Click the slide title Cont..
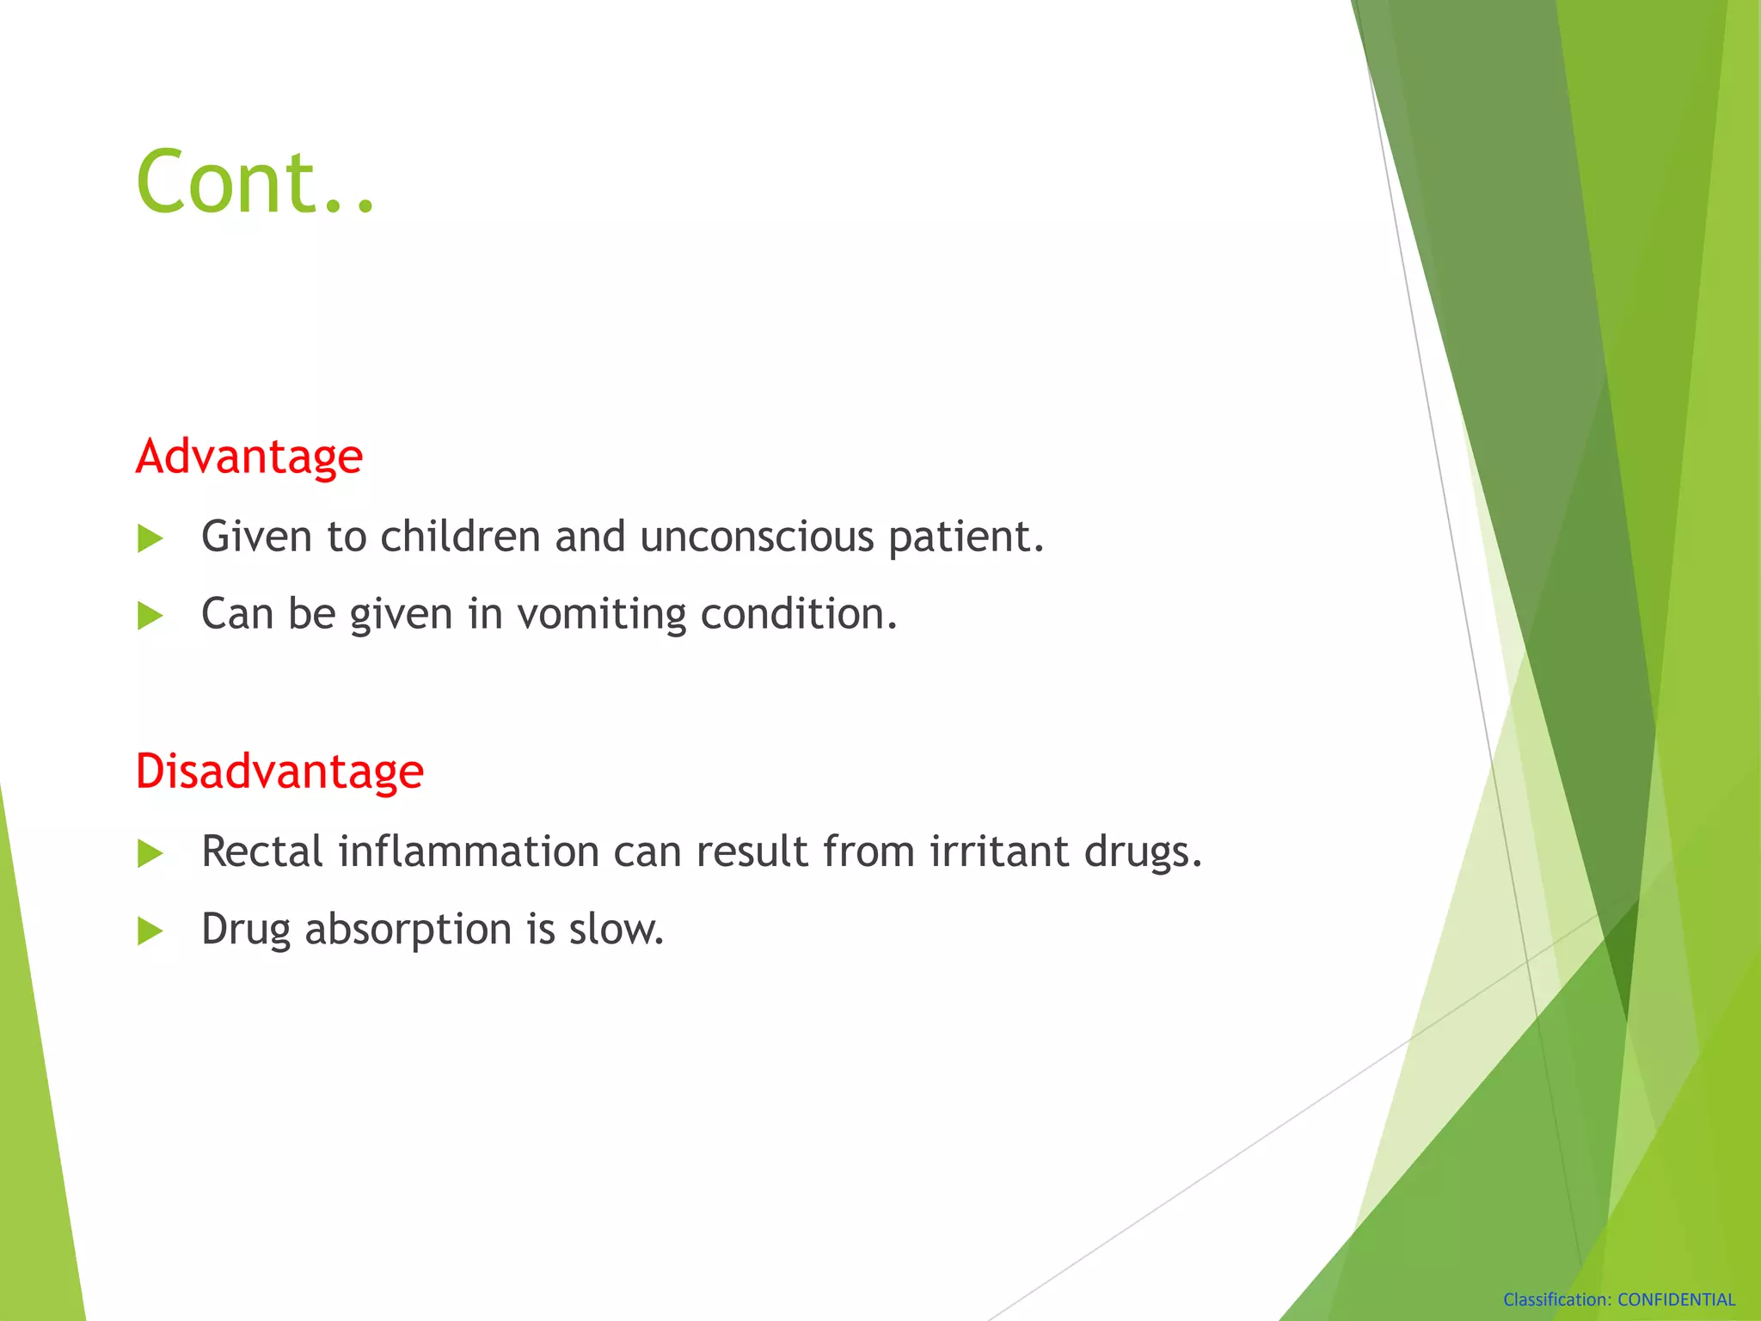coord(255,182)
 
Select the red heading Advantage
coord(249,457)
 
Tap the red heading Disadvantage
coord(279,771)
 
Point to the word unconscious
coord(757,537)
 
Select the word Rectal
coord(262,851)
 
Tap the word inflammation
coord(469,851)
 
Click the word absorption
coord(408,930)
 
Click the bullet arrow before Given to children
coord(150,539)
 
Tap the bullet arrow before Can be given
coord(150,616)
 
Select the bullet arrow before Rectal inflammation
coord(150,854)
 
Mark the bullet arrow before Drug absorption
coord(150,931)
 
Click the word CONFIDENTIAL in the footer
coord(1677,1299)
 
